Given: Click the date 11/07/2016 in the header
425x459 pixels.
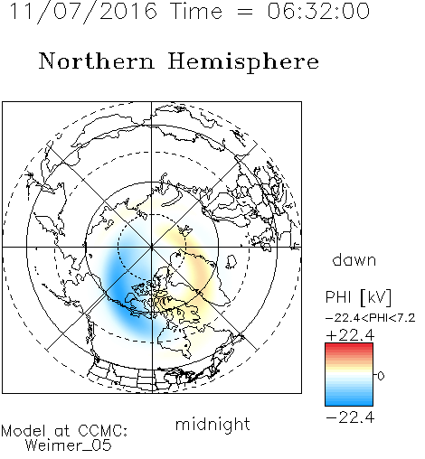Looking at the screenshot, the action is click(x=83, y=12).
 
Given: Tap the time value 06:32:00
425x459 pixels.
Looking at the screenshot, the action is click(x=318, y=11).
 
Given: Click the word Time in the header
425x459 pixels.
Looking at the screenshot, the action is click(x=196, y=11).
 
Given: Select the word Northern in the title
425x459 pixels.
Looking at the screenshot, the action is click(x=97, y=61).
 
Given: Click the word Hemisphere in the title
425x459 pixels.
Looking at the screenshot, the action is click(x=243, y=62).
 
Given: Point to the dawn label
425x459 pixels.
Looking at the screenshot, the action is click(x=354, y=259).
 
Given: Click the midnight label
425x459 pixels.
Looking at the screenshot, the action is click(x=212, y=424).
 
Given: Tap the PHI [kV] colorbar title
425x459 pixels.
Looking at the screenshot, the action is click(x=358, y=297).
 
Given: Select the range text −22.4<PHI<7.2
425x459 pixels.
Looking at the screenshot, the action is click(x=371, y=318).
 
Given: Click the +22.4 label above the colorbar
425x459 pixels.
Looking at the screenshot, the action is click(x=350, y=335).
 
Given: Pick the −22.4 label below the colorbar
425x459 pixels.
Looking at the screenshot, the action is click(x=350, y=417).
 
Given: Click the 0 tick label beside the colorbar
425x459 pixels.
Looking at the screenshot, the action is click(x=381, y=376).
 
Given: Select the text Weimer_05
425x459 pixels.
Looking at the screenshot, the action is click(x=69, y=445).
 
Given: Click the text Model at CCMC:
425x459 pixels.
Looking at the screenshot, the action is click(x=64, y=431).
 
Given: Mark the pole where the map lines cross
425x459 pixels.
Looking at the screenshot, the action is click(x=152, y=247).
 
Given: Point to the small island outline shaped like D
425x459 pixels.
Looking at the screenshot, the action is click(x=231, y=262).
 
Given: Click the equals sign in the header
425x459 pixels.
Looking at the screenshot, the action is click(x=245, y=13).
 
